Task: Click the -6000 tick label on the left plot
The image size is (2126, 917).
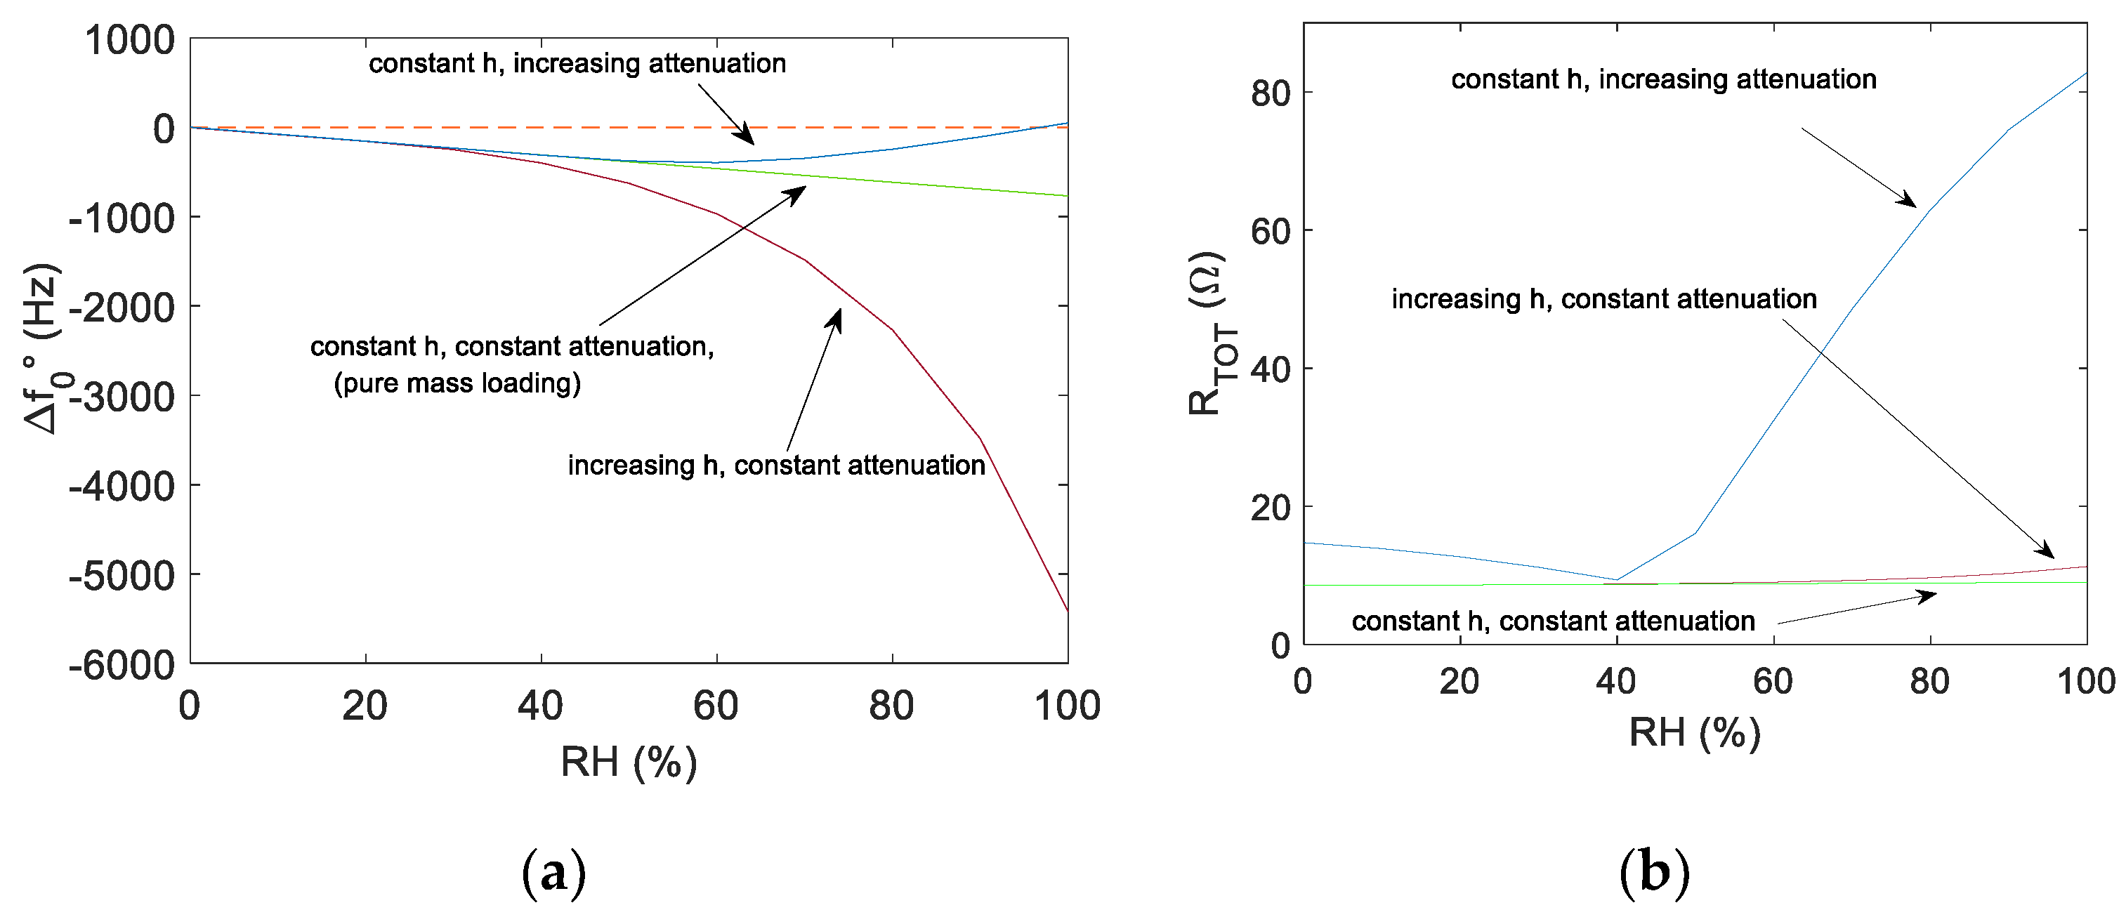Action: pos(122,665)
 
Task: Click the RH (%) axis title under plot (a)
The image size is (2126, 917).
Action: pos(629,761)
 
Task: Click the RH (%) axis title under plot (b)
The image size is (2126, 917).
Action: pos(1694,732)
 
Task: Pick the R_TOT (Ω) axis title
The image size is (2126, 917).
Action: pos(1207,334)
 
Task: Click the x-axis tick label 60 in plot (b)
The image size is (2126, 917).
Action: pos(1773,682)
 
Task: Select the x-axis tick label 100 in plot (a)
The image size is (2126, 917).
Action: pos(1067,706)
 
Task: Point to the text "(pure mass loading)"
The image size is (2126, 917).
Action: pos(457,383)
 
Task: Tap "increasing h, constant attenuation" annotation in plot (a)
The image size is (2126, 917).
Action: pos(776,466)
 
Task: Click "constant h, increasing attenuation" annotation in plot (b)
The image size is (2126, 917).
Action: pos(1664,79)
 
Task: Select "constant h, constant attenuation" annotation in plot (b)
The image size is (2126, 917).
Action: pos(1553,621)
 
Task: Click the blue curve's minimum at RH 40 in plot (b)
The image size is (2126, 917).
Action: pos(1616,579)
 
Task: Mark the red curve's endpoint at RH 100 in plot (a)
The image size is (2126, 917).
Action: pos(1067,611)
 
